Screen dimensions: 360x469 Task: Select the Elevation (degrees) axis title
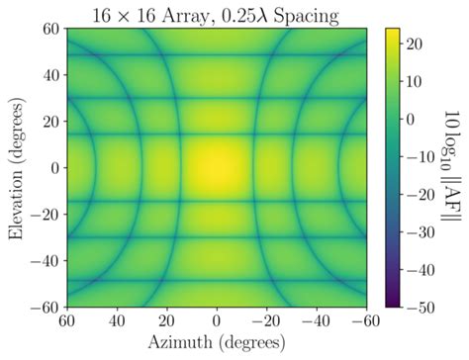13,168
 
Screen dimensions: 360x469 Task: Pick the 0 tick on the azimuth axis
217,321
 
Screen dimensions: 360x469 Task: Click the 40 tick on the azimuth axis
117,321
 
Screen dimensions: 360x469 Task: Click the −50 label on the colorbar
420,308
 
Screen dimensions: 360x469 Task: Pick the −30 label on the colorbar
420,232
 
